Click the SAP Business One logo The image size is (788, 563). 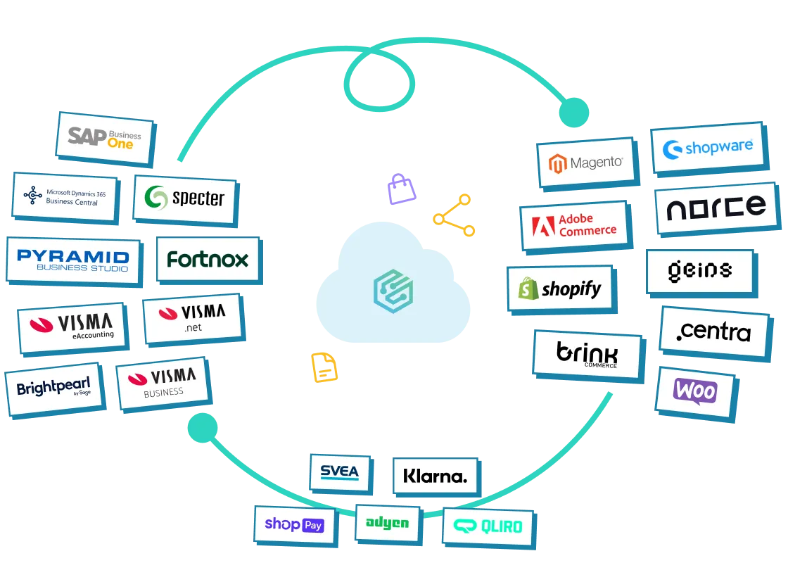coord(105,137)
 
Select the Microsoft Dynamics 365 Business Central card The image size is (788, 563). coord(65,196)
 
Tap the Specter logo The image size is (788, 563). coord(184,198)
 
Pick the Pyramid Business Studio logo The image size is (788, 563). coord(73,260)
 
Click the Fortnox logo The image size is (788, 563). coord(208,260)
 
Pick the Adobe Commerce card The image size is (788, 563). coord(575,226)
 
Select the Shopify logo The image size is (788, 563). coord(562,289)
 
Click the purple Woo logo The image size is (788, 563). coord(694,391)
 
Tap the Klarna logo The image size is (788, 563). coord(435,476)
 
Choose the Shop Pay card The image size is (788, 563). coord(294,524)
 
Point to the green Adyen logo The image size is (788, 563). coord(387,523)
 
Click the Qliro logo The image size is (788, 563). coord(488,526)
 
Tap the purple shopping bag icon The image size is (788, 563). coord(401,189)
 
